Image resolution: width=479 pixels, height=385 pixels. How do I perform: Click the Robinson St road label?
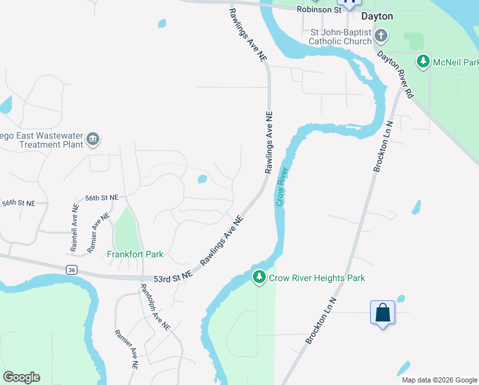point(318,10)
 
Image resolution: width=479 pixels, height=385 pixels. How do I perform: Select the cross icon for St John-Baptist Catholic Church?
point(381,35)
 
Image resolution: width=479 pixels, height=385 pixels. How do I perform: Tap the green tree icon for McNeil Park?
point(423,62)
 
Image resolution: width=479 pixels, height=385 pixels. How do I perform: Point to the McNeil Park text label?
point(455,62)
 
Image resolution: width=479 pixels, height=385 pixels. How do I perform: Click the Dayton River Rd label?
point(395,74)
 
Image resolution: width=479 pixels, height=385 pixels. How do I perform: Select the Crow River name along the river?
point(281,187)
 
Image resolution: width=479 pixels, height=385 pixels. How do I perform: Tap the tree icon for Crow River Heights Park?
point(259,278)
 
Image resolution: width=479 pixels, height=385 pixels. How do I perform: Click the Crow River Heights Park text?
point(316,278)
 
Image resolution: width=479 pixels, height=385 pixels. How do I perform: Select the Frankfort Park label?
point(135,254)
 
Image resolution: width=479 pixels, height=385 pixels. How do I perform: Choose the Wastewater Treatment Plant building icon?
point(93,139)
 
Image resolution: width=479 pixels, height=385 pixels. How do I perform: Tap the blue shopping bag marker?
point(382,313)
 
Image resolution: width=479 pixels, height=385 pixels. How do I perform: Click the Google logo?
point(21,377)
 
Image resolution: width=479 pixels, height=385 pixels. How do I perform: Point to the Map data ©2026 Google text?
point(439,380)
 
